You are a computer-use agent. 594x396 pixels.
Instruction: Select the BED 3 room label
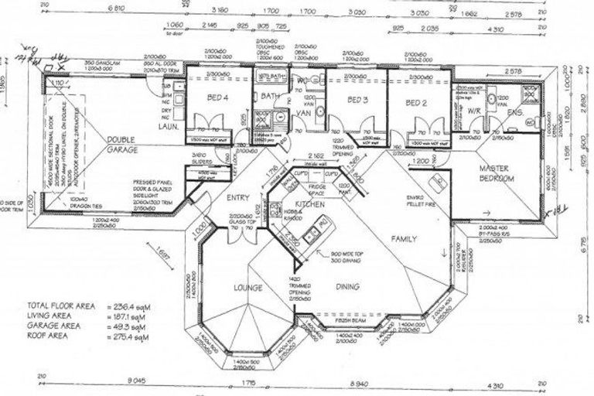tap(357, 101)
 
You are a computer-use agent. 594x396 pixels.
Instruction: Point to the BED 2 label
tap(418, 102)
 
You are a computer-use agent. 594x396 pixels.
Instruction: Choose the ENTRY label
tap(237, 198)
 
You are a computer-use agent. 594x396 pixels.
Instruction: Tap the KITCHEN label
tap(308, 203)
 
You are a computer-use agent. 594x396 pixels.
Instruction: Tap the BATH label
tap(269, 96)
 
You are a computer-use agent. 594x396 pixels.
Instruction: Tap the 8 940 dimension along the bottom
tap(360, 383)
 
